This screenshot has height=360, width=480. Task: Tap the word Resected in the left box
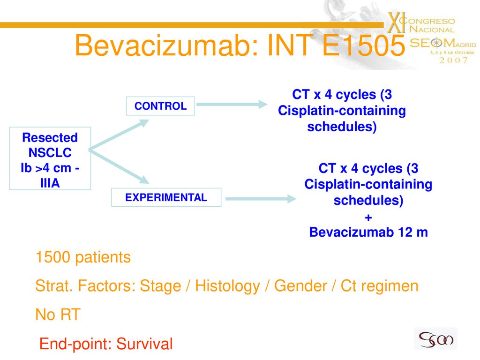coord(50,138)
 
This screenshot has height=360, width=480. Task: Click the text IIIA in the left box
coord(50,183)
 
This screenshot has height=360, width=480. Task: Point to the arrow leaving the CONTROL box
coord(232,105)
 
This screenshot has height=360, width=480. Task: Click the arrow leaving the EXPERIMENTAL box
coord(261,199)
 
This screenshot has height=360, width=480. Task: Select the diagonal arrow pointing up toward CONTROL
coord(119,135)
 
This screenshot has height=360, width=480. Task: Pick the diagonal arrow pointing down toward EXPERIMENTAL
coord(119,166)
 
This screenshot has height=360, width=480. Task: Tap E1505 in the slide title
coord(364,45)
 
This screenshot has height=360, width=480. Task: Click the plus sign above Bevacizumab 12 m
coord(368,217)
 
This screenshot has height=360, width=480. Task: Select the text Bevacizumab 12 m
coord(368,232)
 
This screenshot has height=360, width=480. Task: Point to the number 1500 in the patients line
coord(53,257)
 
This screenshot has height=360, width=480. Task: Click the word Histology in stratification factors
coord(227,286)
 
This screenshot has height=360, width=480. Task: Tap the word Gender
coord(300,286)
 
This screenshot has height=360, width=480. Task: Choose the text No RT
coord(58,315)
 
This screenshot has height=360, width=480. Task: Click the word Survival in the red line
coord(144,344)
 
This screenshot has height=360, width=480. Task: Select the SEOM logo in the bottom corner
coord(435,338)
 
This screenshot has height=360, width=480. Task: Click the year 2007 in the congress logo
coord(453,60)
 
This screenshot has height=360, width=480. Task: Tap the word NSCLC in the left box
coord(50,153)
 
